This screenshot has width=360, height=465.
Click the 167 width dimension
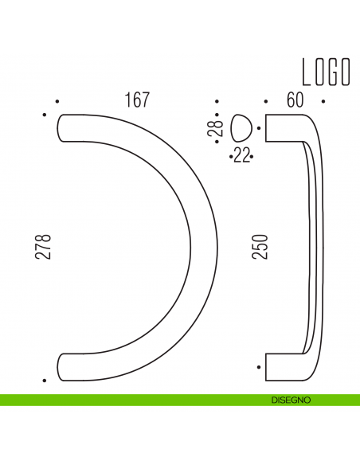(x=137, y=100)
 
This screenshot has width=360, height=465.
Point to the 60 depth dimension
(x=295, y=100)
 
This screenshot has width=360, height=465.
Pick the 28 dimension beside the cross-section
(x=214, y=128)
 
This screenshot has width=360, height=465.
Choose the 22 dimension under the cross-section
(x=241, y=157)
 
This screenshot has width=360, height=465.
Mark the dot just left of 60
(x=266, y=102)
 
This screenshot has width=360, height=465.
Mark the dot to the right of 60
(x=323, y=102)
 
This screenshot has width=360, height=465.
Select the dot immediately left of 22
(x=230, y=158)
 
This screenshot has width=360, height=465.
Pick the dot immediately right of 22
(x=252, y=158)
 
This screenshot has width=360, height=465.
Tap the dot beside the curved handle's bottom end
(x=44, y=381)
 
